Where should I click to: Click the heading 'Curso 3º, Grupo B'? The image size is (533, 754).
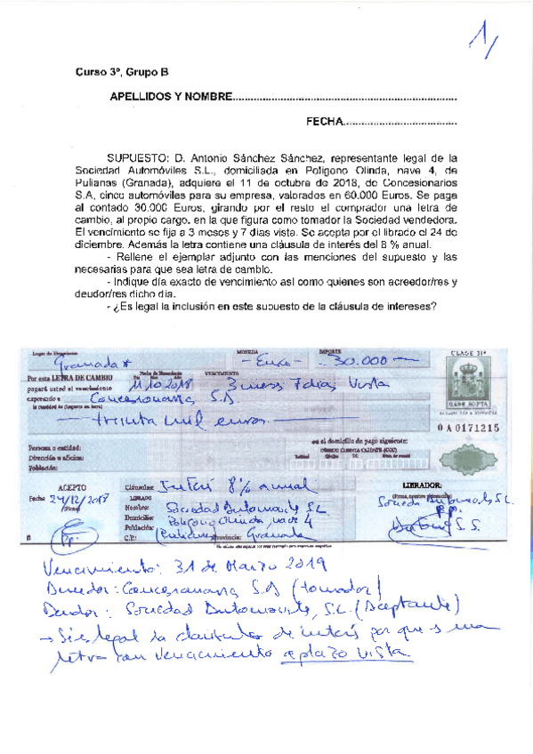tap(121, 73)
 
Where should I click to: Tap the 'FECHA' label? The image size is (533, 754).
tap(323, 122)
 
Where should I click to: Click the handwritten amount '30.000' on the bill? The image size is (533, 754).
tap(354, 361)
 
